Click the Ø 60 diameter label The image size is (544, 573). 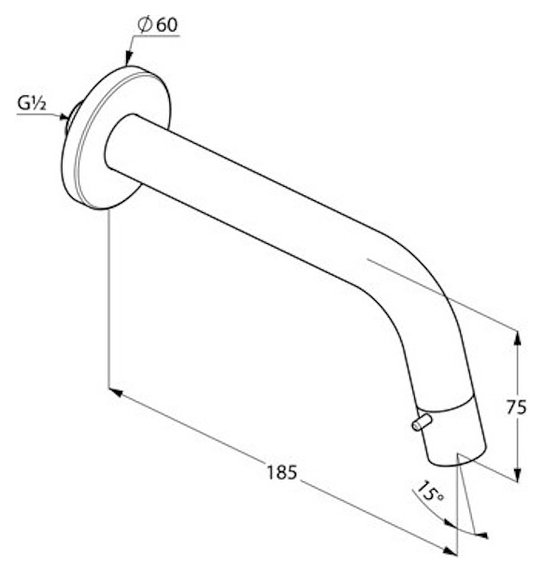158,24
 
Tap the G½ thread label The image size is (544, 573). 32,104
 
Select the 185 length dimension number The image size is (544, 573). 281,472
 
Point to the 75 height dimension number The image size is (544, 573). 516,408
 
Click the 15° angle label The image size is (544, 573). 430,492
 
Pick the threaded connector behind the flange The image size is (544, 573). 72,116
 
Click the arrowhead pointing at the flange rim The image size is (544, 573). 128,59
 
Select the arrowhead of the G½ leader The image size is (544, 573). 64,117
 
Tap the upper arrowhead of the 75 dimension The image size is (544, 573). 517,338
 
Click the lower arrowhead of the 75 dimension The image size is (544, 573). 517,474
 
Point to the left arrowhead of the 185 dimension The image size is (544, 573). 116,393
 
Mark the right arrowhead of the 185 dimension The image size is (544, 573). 450,551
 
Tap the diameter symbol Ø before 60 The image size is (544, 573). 145,24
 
